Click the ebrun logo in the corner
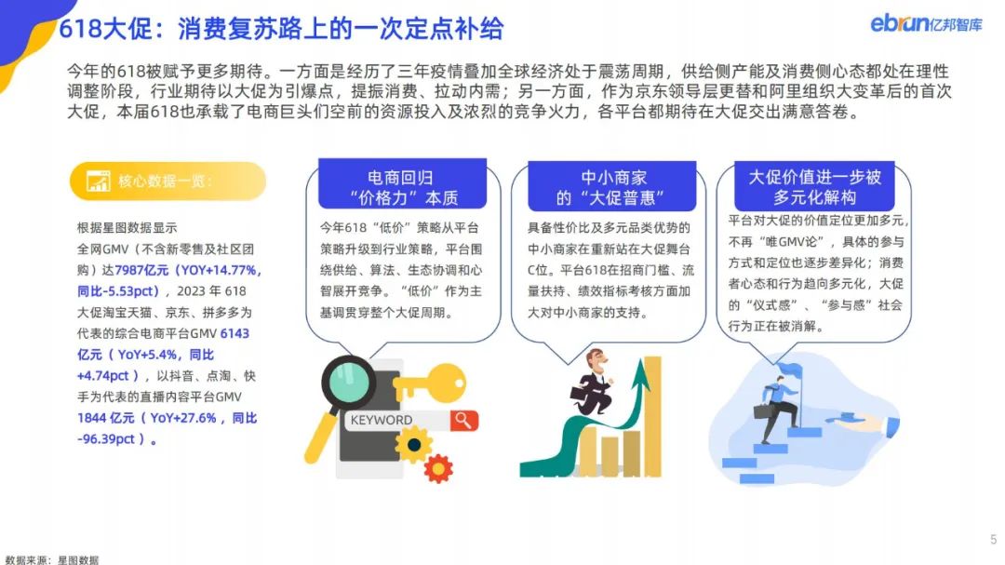tap(926, 23)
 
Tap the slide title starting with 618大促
tap(281, 29)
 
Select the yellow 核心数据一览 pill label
tap(167, 181)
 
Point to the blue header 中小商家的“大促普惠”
tap(612, 186)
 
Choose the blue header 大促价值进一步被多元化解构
tap(814, 185)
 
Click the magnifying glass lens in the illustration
tap(349, 383)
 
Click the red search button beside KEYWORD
tap(464, 420)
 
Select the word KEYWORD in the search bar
tap(382, 420)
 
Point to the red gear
tap(438, 468)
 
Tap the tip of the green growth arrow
tap(640, 360)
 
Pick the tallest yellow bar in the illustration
tap(652, 416)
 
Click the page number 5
tap(994, 539)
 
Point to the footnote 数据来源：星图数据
tap(52, 559)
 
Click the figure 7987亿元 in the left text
tap(141, 270)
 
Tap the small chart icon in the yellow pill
tap(98, 182)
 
